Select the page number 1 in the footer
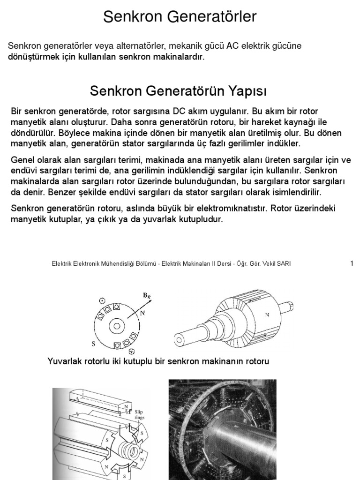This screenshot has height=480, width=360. pyautogui.click(x=352, y=263)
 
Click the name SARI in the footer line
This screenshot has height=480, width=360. pyautogui.click(x=283, y=264)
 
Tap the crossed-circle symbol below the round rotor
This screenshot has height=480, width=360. pyautogui.click(x=132, y=352)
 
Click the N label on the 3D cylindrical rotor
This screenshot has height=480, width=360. pyautogui.click(x=267, y=315)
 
